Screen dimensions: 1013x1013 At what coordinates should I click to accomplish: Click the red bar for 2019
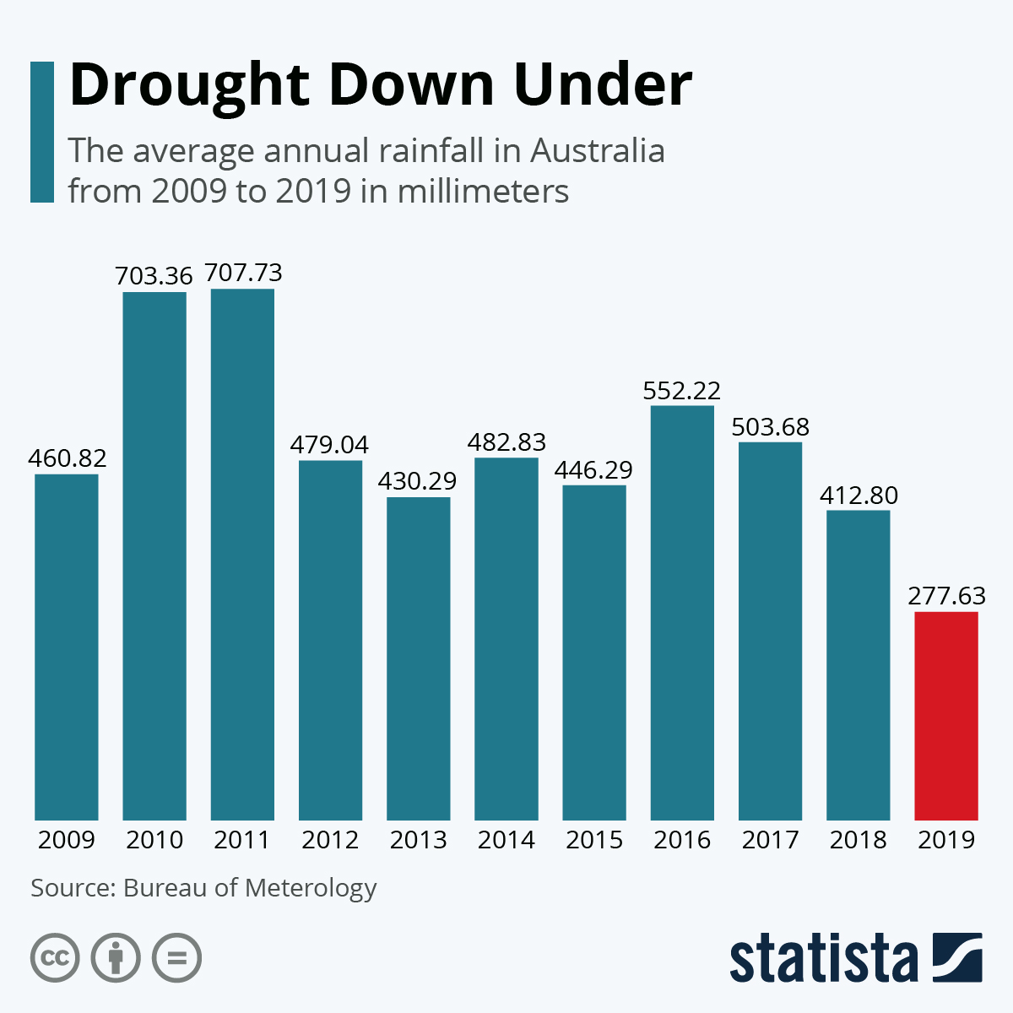pyautogui.click(x=946, y=716)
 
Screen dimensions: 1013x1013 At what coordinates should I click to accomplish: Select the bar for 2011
pyautogui.click(x=242, y=555)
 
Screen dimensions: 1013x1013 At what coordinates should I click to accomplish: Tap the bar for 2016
pyautogui.click(x=682, y=613)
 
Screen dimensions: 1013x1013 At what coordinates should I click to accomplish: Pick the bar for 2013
pyautogui.click(x=419, y=658)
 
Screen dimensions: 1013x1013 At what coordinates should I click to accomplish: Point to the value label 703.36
pyautogui.click(x=154, y=276)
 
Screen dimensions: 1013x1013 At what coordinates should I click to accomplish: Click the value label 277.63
pyautogui.click(x=946, y=596)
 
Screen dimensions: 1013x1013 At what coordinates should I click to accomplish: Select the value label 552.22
pyautogui.click(x=682, y=391)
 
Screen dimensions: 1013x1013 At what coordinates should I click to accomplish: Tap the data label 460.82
pyautogui.click(x=67, y=458)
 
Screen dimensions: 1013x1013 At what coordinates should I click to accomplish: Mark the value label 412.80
pyautogui.click(x=859, y=495)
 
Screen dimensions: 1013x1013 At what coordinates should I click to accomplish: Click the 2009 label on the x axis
pyautogui.click(x=67, y=840)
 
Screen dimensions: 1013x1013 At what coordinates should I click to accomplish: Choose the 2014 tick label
pyautogui.click(x=506, y=840)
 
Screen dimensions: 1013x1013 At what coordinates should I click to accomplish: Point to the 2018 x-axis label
pyautogui.click(x=859, y=840)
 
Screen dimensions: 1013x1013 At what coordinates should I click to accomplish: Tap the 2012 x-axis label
pyautogui.click(x=330, y=840)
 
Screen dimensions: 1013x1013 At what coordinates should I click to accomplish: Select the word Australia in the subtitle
pyautogui.click(x=597, y=151)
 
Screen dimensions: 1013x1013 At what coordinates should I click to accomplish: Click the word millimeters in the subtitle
pyautogui.click(x=483, y=191)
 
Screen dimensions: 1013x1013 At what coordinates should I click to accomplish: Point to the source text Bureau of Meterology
pyautogui.click(x=250, y=888)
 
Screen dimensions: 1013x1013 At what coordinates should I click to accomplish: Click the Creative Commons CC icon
pyautogui.click(x=55, y=958)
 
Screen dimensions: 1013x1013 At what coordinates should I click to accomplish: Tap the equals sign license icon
pyautogui.click(x=176, y=958)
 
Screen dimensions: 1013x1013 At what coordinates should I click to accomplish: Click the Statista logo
pyautogui.click(x=855, y=958)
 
